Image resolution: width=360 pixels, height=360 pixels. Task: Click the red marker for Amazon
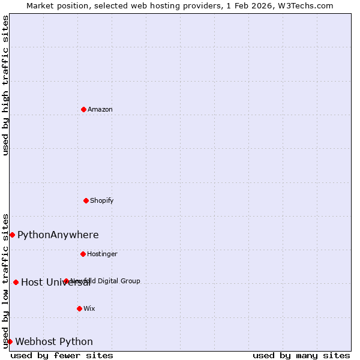[x=83, y=109]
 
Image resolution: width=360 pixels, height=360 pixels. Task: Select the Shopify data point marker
[x=86, y=200]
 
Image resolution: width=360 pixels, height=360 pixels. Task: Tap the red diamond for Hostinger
[x=83, y=254]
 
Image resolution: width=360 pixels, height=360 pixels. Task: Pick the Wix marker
[x=79, y=308]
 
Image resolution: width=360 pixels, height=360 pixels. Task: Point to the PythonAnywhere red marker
[x=12, y=235]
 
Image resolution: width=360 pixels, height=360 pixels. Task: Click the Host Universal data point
[x=16, y=282]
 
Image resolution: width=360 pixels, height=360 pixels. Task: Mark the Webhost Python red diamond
[x=10, y=341]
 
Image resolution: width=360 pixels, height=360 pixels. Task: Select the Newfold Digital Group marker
[x=66, y=281]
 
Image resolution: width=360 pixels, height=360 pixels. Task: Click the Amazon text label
[x=100, y=109]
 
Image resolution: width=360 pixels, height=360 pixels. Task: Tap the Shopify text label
[x=102, y=200]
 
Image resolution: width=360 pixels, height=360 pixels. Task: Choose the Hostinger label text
[x=102, y=254]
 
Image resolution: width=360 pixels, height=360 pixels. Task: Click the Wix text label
[x=89, y=308]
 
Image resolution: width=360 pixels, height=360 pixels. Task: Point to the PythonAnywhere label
[x=58, y=235]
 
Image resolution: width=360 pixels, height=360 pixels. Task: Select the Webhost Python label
[x=54, y=341]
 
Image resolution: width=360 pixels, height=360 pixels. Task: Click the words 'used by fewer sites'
[x=62, y=355]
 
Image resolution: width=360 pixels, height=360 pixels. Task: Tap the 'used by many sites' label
[x=301, y=355]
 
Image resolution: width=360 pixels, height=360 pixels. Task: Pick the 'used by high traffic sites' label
[x=5, y=85]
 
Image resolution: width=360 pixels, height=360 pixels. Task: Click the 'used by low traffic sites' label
[x=5, y=280]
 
